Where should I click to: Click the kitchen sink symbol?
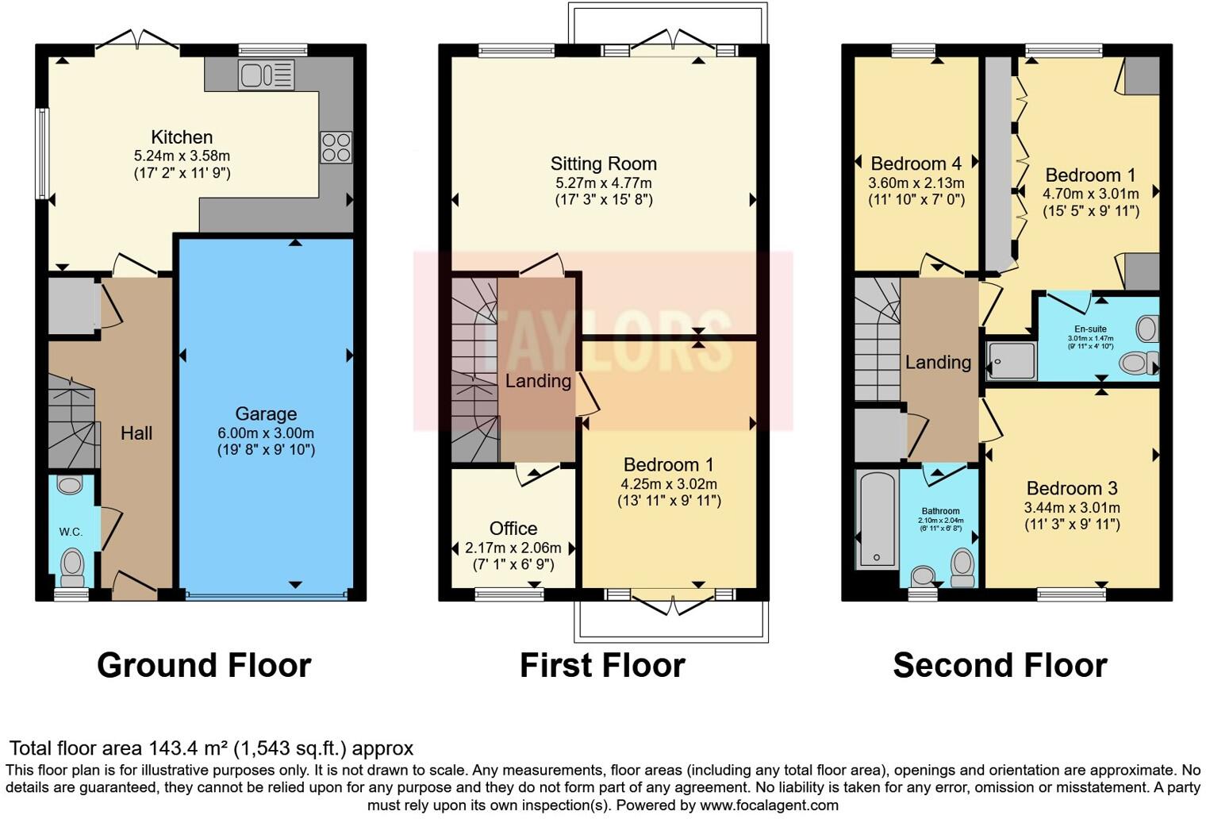coord(266,75)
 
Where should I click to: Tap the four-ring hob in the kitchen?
coord(336,148)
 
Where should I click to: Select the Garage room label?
coord(266,413)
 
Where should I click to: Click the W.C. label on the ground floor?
coord(71,532)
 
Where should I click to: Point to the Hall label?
coord(136,433)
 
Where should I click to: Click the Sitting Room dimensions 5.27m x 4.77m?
coord(603,183)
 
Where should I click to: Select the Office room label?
coord(513,529)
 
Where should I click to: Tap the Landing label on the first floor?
coord(538,381)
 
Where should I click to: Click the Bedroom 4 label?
coord(916,163)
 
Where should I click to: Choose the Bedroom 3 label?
coord(1071,489)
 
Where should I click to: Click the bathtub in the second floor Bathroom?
coord(877,518)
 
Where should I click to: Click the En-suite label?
coord(1090,329)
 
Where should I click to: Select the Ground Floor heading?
coord(204,665)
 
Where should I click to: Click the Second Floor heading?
coord(1000,665)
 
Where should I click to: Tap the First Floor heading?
coord(602,665)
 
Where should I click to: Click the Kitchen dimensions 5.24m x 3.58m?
coord(182,156)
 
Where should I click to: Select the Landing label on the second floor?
coord(938,363)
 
